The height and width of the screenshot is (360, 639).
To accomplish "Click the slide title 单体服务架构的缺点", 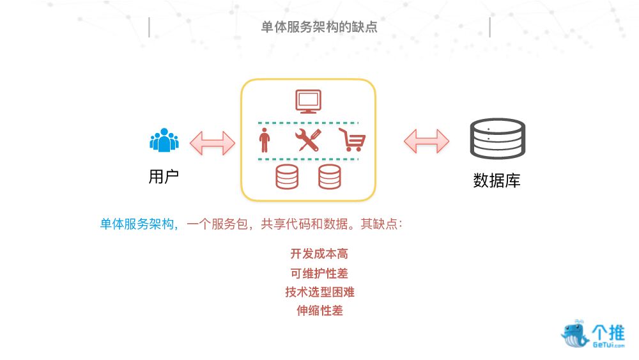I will pos(319,27).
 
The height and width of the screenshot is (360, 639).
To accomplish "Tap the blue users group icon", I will pos(164,140).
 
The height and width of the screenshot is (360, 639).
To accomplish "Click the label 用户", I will pos(164,177).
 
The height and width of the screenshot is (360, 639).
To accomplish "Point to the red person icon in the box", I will pos(263,140).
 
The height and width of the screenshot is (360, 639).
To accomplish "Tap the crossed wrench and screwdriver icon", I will pos(307,140).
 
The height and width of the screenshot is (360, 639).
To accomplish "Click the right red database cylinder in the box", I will pos(329,176).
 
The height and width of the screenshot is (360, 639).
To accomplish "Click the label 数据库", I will pos(497,181).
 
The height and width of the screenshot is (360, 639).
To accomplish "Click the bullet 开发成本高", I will pos(319,254).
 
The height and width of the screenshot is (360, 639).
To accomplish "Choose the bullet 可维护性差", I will pos(319,273).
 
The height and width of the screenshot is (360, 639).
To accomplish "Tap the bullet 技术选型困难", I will pos(319,292).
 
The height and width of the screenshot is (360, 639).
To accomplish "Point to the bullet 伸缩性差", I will pos(319,311).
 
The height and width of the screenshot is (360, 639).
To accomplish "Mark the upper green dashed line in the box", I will pos(308,122).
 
